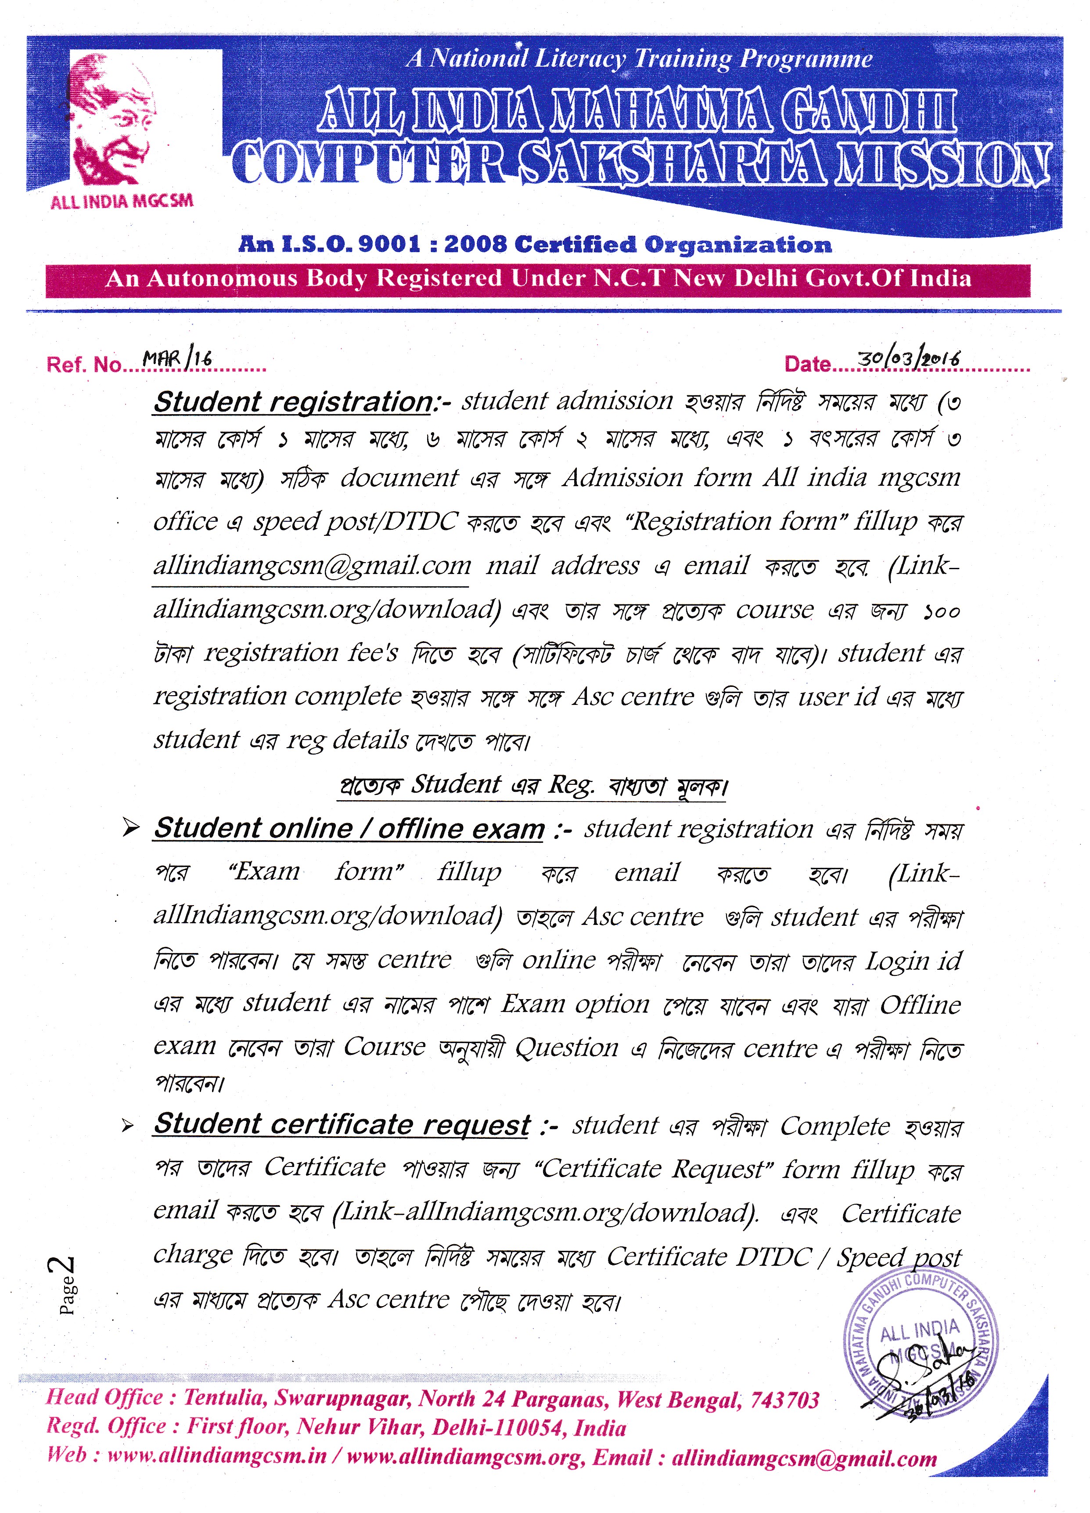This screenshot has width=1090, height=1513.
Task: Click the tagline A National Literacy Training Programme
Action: [639, 59]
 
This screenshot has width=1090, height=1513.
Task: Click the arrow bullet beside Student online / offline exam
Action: [131, 828]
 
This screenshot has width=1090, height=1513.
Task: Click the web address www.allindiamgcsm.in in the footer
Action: [217, 1455]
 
